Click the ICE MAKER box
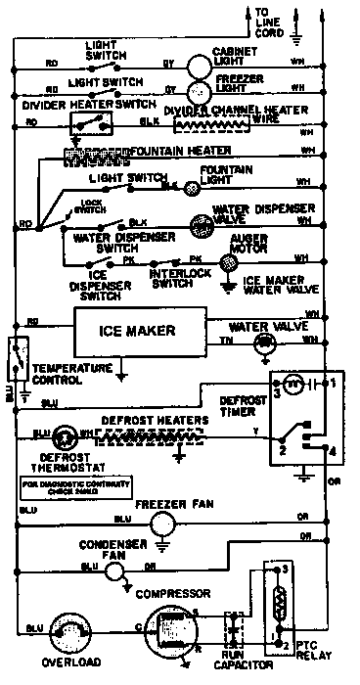[137, 331]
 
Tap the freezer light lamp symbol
[198, 89]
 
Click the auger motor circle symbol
[228, 260]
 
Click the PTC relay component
[280, 602]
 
